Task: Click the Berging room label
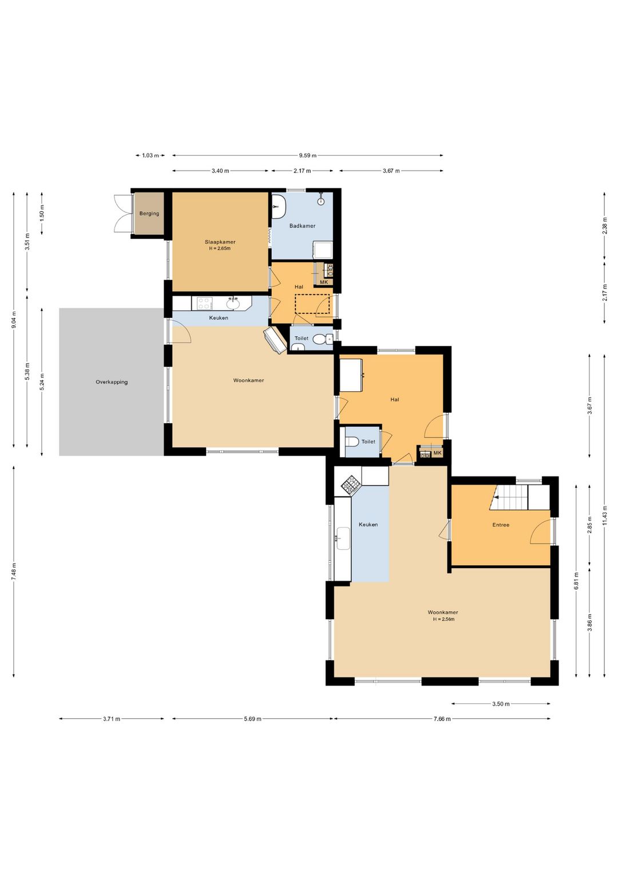(149, 214)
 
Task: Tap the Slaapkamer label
(220, 242)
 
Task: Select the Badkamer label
(302, 226)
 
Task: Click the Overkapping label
(112, 382)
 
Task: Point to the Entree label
(501, 525)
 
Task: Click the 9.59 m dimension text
(308, 156)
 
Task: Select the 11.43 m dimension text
(605, 516)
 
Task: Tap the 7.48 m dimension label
(14, 572)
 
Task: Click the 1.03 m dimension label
(150, 156)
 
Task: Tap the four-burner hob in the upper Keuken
(204, 303)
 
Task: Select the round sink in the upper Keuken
(233, 304)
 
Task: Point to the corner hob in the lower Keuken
(351, 485)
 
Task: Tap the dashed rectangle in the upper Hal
(312, 304)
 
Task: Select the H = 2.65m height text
(220, 249)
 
